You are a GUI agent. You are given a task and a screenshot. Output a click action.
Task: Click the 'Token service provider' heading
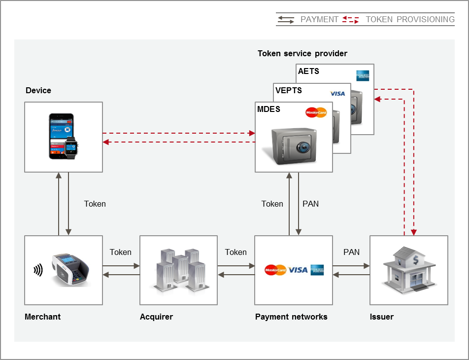[x=302, y=53]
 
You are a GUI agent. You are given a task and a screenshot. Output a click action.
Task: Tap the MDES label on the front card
[x=268, y=109]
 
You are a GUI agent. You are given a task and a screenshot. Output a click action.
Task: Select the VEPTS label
[x=289, y=91]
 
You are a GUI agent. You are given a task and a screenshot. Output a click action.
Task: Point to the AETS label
[x=308, y=72]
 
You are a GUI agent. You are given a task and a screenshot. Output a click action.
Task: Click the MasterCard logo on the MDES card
[x=316, y=112]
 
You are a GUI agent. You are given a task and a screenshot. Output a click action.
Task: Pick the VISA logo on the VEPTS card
[x=337, y=94]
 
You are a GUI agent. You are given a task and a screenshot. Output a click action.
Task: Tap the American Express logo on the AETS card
[x=363, y=75]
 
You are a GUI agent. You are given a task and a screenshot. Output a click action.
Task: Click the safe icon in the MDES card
[x=294, y=145]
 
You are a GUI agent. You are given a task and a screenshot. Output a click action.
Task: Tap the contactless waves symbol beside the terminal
[x=38, y=270]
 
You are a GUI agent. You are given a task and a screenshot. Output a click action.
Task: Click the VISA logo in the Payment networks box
[x=298, y=270]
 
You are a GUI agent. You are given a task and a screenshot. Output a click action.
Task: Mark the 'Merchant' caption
[x=42, y=317]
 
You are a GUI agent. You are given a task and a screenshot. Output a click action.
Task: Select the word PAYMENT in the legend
[x=319, y=19]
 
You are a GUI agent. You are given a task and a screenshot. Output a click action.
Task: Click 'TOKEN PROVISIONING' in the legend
[x=410, y=19]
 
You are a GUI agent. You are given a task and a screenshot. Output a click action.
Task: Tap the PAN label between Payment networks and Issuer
[x=351, y=252]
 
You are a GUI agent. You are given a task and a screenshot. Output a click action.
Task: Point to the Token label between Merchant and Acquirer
[x=121, y=252]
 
